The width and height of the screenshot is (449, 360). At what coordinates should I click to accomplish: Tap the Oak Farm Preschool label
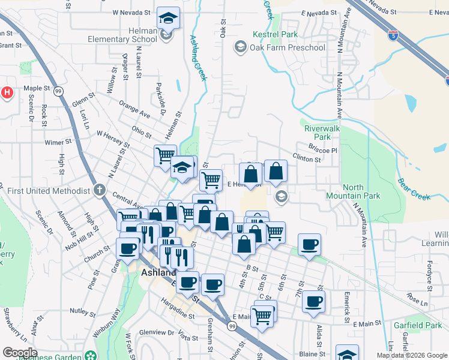(x=288, y=47)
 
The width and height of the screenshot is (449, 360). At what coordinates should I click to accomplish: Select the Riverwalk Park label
(x=322, y=133)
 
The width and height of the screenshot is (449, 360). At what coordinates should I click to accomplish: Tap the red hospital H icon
(x=7, y=92)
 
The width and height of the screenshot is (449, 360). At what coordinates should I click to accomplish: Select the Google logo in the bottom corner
(x=20, y=353)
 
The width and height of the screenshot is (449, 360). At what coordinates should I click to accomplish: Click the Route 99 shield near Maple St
(x=59, y=91)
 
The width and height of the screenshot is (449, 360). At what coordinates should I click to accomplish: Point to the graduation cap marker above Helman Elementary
(x=169, y=19)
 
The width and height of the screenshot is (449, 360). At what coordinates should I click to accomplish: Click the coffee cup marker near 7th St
(x=310, y=244)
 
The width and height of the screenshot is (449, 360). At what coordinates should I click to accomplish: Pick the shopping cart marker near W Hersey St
(x=165, y=155)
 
